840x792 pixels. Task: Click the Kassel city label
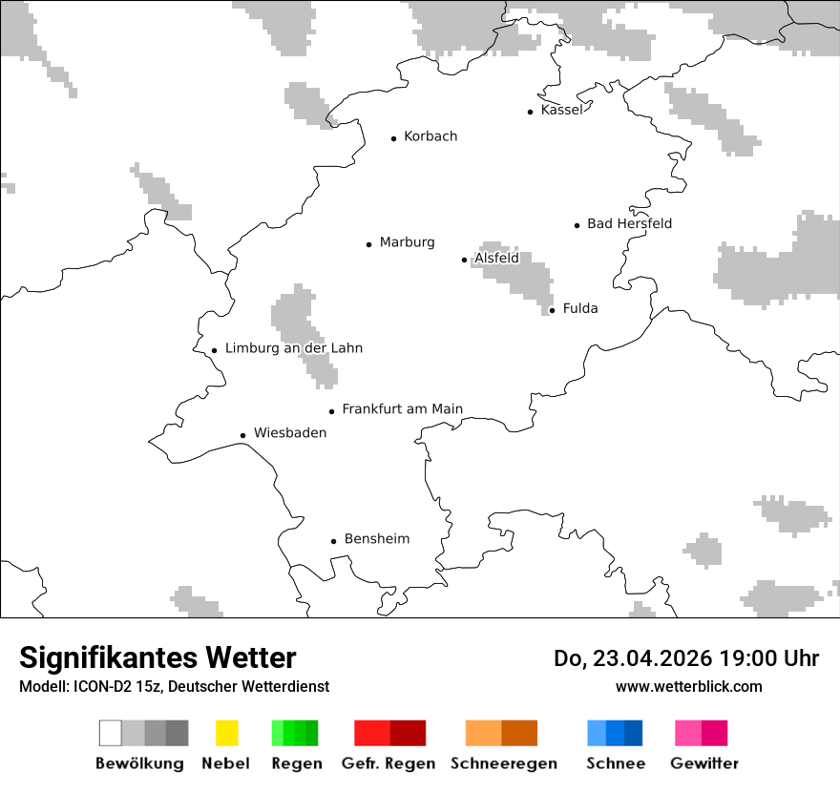point(561,110)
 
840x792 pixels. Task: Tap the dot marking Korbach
point(393,138)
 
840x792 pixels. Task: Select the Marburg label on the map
point(407,242)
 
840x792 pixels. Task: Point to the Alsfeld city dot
point(464,260)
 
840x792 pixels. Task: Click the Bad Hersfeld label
point(629,223)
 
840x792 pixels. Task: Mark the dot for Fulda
point(552,310)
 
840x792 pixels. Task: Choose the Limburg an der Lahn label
point(293,348)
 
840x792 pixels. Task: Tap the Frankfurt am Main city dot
point(332,411)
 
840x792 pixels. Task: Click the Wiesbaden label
point(289,433)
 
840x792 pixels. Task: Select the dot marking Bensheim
point(333,541)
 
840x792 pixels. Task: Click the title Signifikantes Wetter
point(157,657)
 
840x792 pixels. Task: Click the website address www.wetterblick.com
point(688,686)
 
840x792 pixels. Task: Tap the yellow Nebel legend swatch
point(226,733)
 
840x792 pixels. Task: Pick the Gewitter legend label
point(703,763)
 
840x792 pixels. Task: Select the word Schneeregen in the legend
point(503,763)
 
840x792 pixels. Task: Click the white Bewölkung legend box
point(110,733)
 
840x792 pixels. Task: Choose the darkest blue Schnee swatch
point(634,733)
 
